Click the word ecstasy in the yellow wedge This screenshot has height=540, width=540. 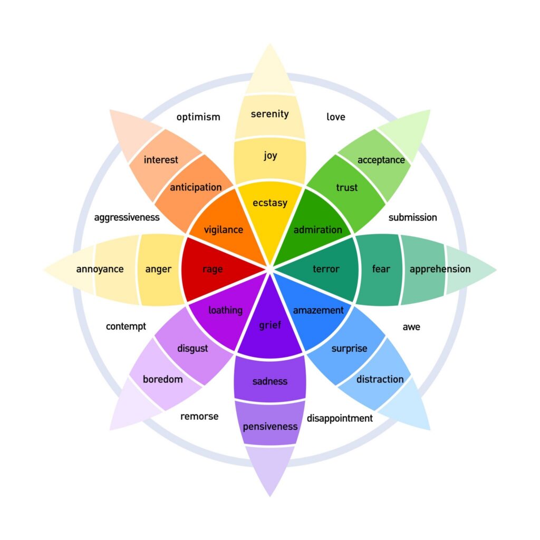coord(269,202)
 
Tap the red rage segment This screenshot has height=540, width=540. coord(213,269)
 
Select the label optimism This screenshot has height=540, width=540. coord(198,117)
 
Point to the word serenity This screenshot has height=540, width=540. coord(269,113)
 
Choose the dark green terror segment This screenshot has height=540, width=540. coord(326,269)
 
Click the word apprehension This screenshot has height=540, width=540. coord(440,269)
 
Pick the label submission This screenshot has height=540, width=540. coord(412,217)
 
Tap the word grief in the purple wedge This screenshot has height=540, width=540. coord(269,325)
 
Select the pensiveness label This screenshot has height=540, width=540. coord(270,426)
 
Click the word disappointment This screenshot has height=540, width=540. coord(340,418)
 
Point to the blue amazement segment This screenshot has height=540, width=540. coord(318,310)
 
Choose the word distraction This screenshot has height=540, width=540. coord(380,379)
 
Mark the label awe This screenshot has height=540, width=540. coord(411,327)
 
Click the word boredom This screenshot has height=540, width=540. coord(162,379)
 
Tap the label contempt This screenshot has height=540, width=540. coord(126,326)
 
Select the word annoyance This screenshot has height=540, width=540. coord(100,269)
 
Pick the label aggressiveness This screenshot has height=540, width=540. coord(127,217)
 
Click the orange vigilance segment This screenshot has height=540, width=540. coord(224,229)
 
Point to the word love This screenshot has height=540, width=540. coord(335,117)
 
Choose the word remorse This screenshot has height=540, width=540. coord(199,416)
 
